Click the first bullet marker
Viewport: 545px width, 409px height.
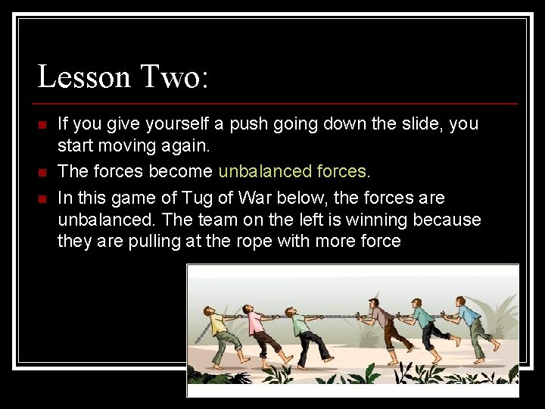click(x=42, y=124)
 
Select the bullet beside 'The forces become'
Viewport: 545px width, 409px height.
click(x=42, y=172)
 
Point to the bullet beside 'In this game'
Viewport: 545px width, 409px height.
click(x=42, y=198)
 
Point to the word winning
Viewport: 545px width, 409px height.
click(x=370, y=220)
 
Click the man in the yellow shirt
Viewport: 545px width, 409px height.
click(x=223, y=333)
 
